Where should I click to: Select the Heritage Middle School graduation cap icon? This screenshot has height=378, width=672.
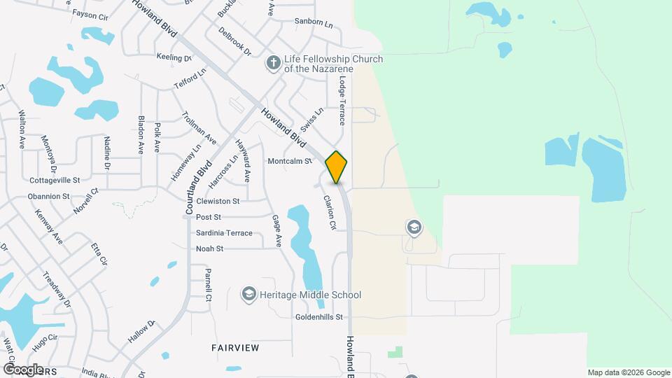click(248, 295)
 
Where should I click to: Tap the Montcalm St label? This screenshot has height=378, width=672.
click(290, 161)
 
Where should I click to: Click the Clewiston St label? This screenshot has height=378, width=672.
click(218, 201)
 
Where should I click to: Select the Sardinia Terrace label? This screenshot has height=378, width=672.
click(224, 232)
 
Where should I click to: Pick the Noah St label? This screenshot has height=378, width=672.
click(209, 248)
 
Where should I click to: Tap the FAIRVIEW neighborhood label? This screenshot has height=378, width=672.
click(235, 348)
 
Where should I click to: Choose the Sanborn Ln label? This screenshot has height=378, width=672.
click(314, 22)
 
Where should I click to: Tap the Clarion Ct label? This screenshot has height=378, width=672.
click(329, 212)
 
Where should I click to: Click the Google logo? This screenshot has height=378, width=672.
click(23, 369)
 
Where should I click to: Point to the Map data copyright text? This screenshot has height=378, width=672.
click(628, 372)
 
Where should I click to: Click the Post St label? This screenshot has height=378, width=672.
click(209, 217)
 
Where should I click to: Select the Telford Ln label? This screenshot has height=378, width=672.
click(190, 80)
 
